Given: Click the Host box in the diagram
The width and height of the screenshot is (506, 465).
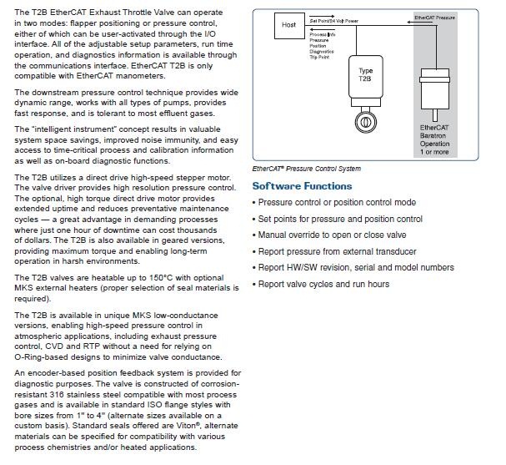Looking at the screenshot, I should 288,25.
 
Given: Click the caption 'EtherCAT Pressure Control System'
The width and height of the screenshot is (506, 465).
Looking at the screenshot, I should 307,169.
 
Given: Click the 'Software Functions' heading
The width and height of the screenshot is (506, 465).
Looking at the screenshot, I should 302,186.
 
